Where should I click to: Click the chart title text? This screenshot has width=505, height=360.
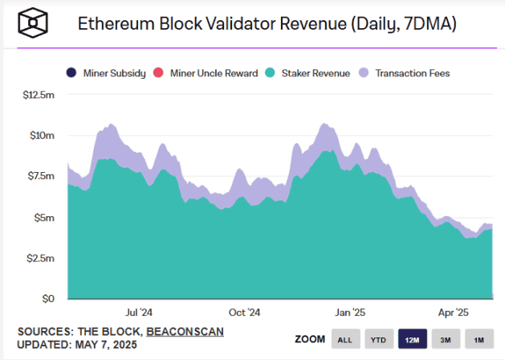(267, 24)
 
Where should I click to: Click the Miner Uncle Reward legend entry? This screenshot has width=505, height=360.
(208, 73)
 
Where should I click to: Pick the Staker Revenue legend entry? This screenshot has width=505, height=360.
(309, 73)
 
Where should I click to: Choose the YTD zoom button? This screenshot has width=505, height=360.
(379, 340)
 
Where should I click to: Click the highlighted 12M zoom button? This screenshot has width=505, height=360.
(412, 340)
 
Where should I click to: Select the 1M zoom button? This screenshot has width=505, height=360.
(478, 340)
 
